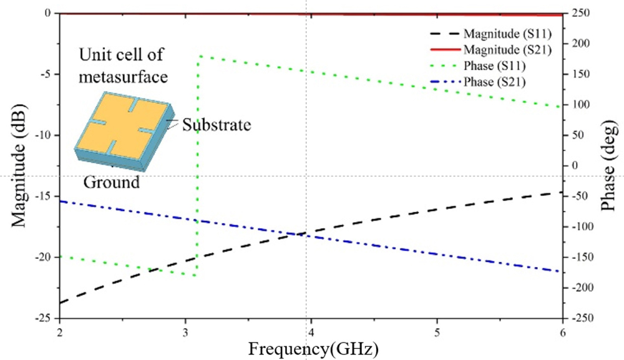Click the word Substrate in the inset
click(217, 125)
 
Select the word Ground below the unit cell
click(112, 183)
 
